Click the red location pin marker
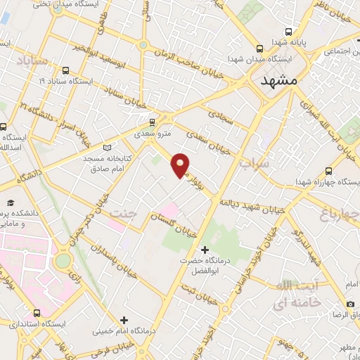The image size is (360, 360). (181, 164)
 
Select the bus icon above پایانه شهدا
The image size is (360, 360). (288, 32)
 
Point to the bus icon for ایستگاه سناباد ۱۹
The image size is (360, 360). (66, 70)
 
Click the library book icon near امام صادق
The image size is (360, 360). (107, 147)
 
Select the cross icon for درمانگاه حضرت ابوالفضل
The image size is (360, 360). (205, 250)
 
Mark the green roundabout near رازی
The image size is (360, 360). (63, 260)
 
